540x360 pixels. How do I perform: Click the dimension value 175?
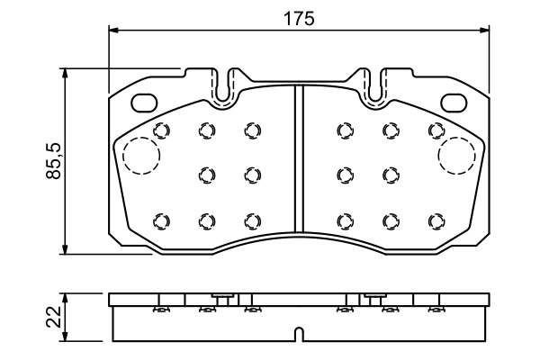tap(301, 18)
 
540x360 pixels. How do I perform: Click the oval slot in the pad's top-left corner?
tap(144, 102)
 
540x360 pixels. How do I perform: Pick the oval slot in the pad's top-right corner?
tap(452, 102)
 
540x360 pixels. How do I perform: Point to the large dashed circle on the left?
tap(140, 156)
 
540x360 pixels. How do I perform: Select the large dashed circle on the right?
tap(455, 156)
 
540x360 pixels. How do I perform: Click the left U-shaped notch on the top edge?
tap(230, 83)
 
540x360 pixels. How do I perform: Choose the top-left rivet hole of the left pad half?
tap(162, 130)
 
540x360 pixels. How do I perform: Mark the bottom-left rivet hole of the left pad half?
tap(162, 220)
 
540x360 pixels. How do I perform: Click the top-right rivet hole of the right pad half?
tap(436, 130)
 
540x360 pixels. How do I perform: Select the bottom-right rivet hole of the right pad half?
tap(436, 220)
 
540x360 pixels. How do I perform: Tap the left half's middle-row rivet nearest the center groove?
tap(252, 174)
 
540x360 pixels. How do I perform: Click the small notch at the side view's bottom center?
tap(300, 337)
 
